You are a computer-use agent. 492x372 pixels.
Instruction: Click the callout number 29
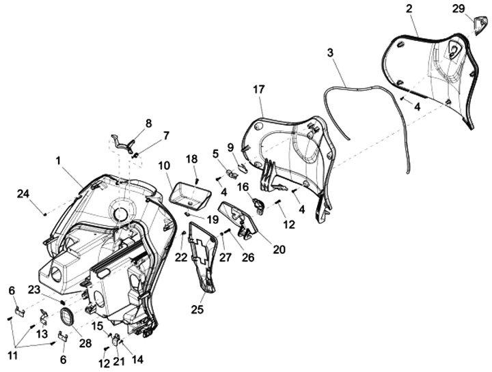click(459, 8)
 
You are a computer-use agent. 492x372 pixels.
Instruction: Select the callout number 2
click(409, 9)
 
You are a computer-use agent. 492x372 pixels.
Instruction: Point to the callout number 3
click(330, 53)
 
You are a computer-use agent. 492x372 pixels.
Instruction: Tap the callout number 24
click(23, 194)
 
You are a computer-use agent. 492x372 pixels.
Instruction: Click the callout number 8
click(148, 123)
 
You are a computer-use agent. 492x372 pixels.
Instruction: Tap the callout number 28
click(84, 343)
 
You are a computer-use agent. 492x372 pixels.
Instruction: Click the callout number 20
click(279, 250)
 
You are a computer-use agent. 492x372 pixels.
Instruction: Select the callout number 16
click(243, 186)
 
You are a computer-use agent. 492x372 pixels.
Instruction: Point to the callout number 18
click(192, 159)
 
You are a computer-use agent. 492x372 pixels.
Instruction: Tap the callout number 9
click(230, 147)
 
